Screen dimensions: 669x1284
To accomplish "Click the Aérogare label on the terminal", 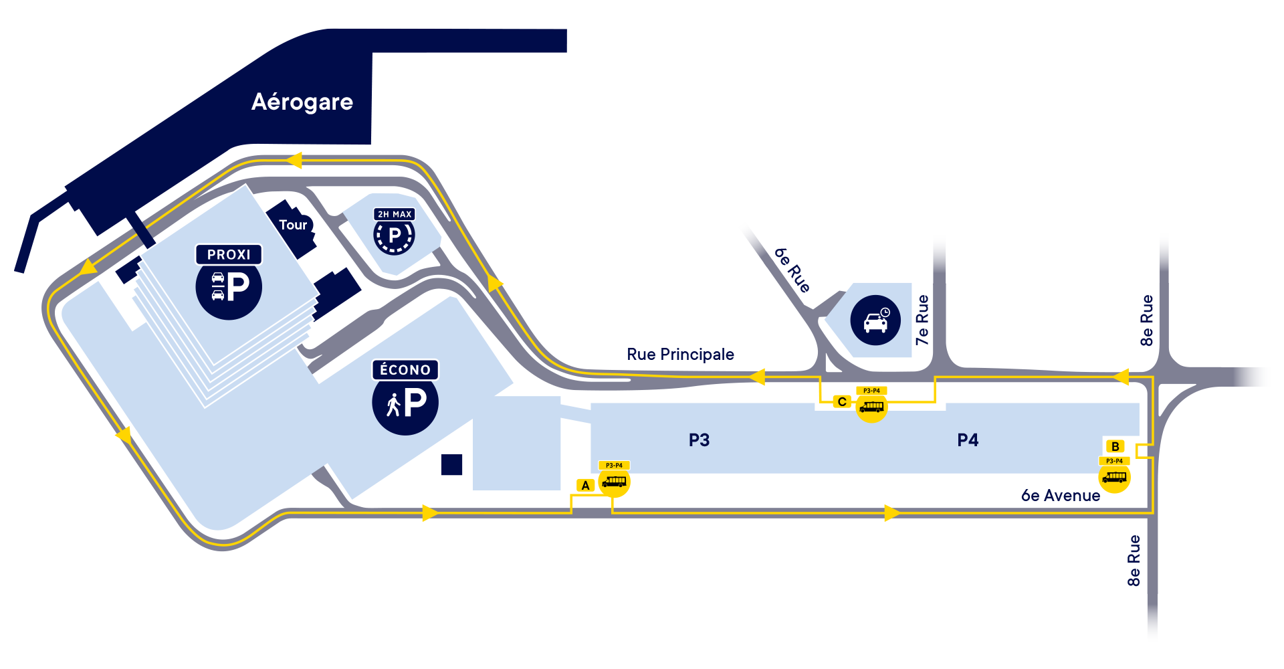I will tap(302, 102).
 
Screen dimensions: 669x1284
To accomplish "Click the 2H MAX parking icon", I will tap(394, 235).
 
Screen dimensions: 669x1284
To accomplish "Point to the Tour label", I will tap(293, 225).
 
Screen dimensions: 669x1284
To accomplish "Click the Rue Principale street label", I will tap(680, 354).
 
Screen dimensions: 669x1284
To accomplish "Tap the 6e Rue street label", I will tap(792, 270).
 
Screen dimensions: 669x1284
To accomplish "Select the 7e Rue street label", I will tap(922, 320).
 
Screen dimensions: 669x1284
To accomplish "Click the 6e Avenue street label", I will tap(1060, 496).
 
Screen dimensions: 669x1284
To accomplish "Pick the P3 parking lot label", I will tap(699, 440).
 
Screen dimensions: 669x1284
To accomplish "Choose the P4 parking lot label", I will tap(968, 440).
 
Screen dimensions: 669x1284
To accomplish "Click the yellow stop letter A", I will tap(586, 486).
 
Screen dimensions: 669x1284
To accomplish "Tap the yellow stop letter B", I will tap(1115, 446).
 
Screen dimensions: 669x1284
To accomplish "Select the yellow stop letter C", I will tap(842, 401).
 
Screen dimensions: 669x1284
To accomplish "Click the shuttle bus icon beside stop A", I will tap(614, 482).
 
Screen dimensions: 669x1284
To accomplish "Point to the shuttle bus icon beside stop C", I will tap(871, 407).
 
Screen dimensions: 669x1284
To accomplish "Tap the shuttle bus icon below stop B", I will tap(1115, 477).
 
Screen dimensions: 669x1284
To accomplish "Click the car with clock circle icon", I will tap(875, 320).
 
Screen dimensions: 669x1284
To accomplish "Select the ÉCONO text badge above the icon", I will tap(405, 370).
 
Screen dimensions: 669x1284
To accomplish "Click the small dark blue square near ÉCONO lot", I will tap(451, 465).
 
